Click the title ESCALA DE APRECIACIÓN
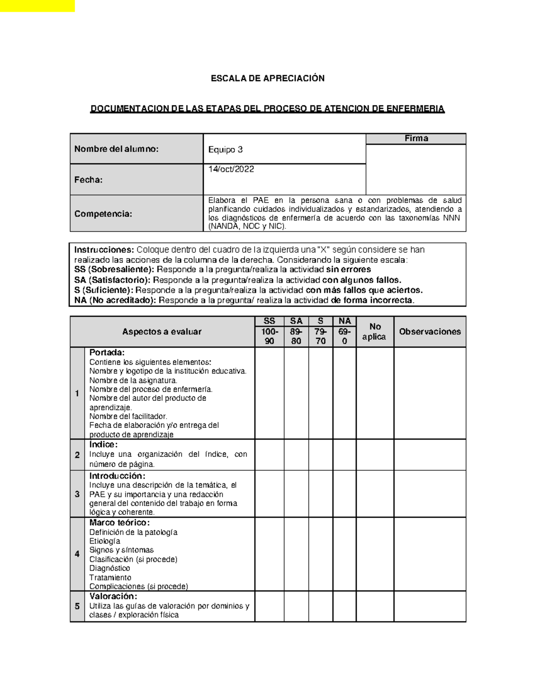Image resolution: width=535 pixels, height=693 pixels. [x=267, y=79]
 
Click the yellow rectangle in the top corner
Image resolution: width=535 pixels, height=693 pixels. [x=37, y=6]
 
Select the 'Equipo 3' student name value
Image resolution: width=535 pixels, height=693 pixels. [x=226, y=149]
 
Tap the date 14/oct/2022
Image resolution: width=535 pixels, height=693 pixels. [x=231, y=170]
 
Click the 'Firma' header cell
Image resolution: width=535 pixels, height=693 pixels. [x=416, y=139]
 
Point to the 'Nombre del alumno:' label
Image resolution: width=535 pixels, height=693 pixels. [x=116, y=149]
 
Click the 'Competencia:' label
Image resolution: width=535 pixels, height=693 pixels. [x=103, y=214]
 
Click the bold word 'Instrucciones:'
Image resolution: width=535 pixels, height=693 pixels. [x=104, y=250]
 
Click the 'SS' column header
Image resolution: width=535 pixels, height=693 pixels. [x=269, y=321]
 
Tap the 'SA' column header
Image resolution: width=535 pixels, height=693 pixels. [x=296, y=321]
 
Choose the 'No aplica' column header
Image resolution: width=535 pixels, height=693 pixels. [x=374, y=332]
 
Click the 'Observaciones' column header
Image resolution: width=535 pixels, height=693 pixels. [x=430, y=332]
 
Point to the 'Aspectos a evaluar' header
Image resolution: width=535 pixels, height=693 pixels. [x=162, y=332]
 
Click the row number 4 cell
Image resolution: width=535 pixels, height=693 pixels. [x=77, y=554]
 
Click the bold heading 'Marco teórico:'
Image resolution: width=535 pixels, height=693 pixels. [x=119, y=523]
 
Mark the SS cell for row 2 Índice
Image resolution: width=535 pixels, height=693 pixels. [x=269, y=455]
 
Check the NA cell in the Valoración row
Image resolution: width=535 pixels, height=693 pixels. [x=344, y=606]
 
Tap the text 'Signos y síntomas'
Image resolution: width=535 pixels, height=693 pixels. [x=121, y=550]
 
